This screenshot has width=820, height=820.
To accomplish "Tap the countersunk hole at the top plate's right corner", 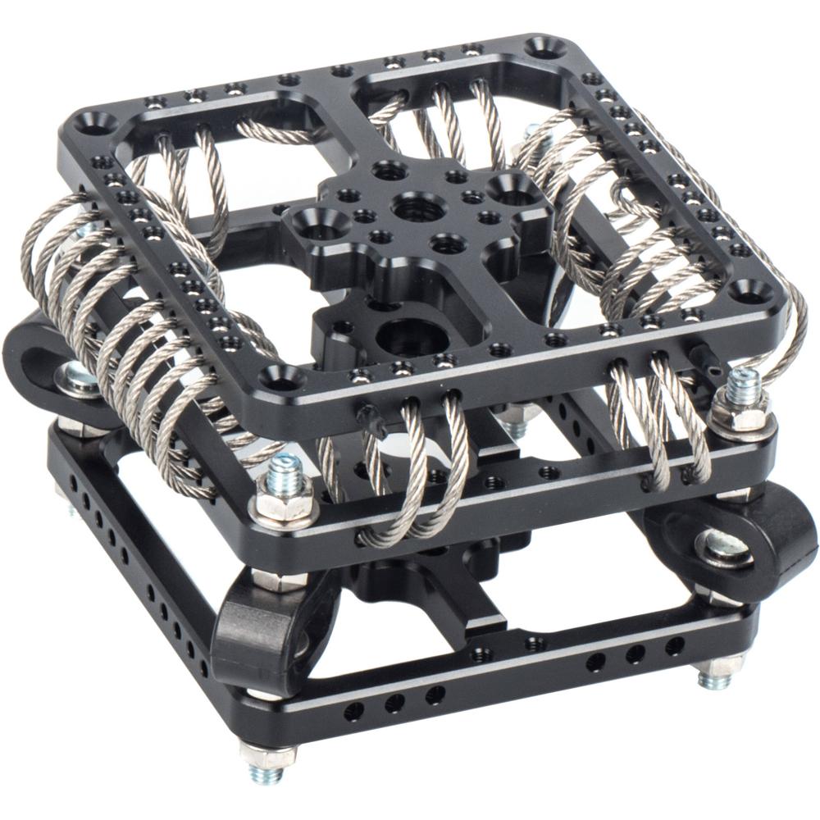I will pos(749,289).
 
